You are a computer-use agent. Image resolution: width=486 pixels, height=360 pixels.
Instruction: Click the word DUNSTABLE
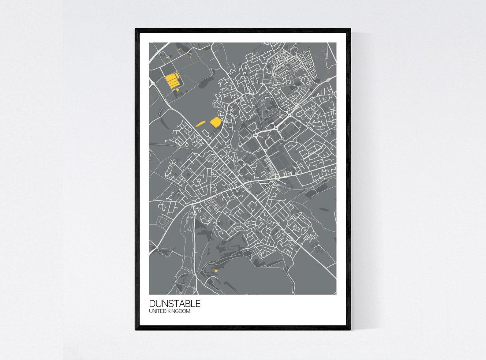(174, 303)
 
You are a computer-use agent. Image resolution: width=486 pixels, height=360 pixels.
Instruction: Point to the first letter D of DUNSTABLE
(152, 303)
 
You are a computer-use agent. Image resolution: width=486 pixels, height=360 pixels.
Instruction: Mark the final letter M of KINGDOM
(188, 311)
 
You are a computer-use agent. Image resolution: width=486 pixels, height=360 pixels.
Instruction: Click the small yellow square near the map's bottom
(216, 271)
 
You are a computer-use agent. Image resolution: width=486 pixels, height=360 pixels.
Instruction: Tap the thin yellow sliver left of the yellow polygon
(200, 124)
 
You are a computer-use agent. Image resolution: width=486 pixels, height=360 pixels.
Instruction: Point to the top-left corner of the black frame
(136, 29)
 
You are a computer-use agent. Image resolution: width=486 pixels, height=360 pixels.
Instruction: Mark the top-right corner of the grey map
(336, 43)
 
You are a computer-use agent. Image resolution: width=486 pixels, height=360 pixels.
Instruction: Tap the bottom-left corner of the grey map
(150, 294)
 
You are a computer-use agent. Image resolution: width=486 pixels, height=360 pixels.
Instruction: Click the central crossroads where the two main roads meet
(243, 185)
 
